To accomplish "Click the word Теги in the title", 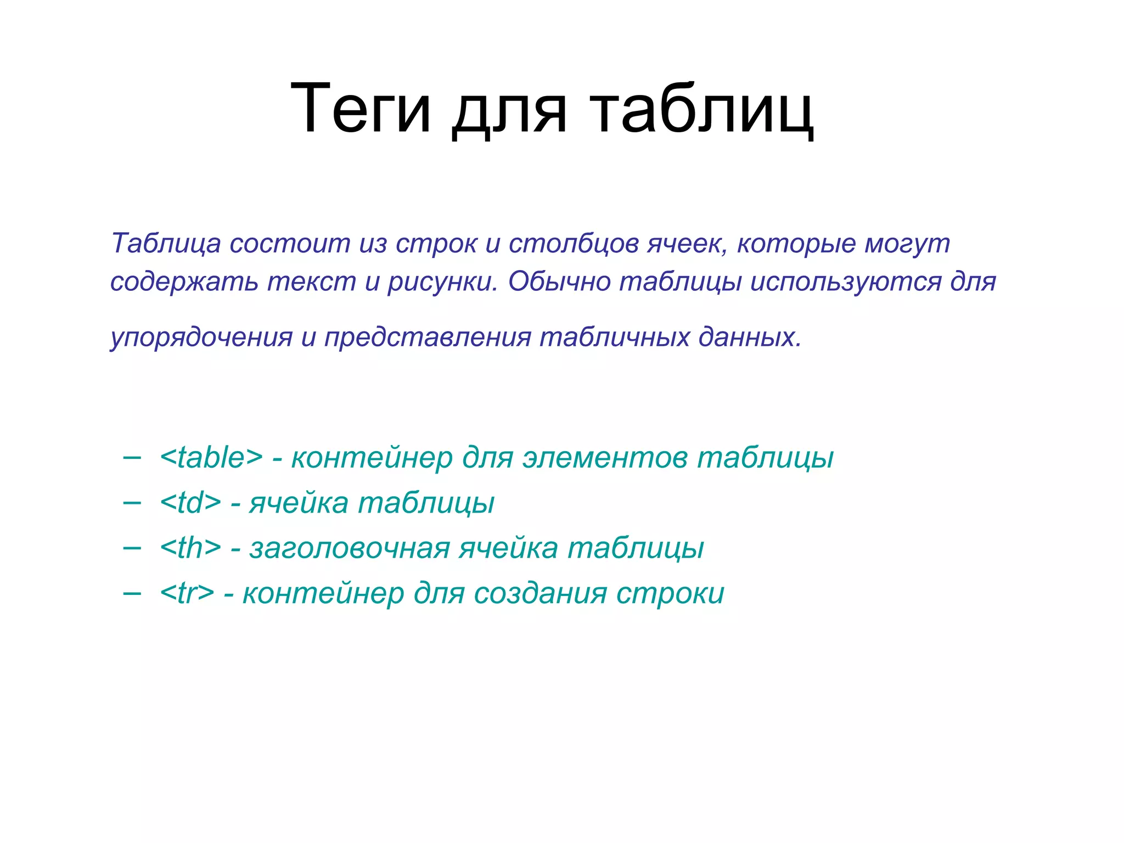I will pos(360,108).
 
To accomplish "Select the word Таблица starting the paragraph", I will pos(166,243).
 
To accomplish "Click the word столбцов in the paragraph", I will pos(573,243).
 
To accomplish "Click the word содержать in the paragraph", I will pos(184,282).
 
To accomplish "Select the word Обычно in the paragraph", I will pos(559,282).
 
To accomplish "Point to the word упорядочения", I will pos(201,337).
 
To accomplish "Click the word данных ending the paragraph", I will pos(749,337).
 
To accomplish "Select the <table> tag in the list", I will pos(211,457).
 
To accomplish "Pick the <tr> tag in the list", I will pos(187,593).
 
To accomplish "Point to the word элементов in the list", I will pos(604,457).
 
